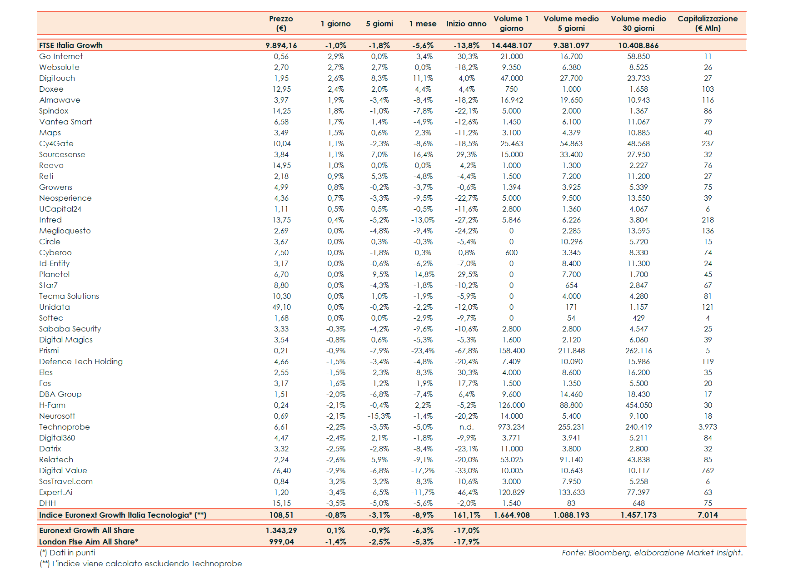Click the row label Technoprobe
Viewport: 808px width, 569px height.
[65, 427]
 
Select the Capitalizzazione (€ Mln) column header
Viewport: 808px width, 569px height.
[708, 23]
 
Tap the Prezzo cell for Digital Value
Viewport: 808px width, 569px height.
[281, 470]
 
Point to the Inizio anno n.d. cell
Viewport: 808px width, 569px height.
[466, 427]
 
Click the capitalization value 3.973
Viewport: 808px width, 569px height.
[708, 427]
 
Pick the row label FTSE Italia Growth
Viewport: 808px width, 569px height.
[71, 45]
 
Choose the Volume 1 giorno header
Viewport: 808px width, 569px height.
[511, 23]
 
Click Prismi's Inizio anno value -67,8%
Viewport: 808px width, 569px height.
[466, 351]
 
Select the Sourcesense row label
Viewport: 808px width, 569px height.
[62, 154]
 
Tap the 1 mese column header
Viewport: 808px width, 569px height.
[423, 24]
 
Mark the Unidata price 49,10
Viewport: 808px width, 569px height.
[281, 307]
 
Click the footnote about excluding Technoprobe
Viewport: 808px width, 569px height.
[141, 564]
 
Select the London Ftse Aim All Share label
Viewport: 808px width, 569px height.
[89, 542]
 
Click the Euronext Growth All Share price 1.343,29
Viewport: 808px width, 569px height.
[281, 530]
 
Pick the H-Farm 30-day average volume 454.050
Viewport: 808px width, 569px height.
[638, 405]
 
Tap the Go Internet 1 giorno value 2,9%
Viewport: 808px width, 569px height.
[336, 56]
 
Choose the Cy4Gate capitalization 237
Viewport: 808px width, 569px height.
[708, 143]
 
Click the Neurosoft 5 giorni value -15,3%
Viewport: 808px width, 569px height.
[379, 416]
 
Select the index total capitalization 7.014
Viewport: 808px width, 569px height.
[708, 515]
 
